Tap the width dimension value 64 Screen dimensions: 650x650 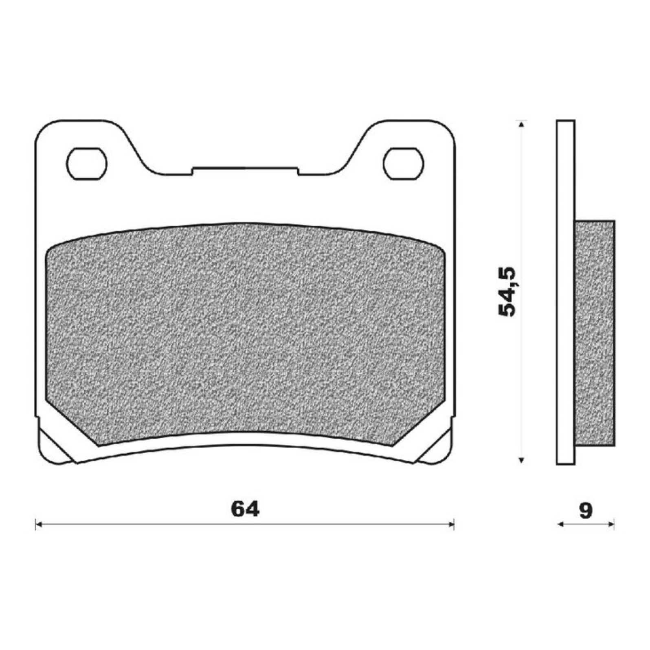pos(245,509)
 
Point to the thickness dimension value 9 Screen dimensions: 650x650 pos(585,510)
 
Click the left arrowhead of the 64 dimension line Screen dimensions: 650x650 pos(39,525)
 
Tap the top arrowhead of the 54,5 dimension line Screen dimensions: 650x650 pos(521,124)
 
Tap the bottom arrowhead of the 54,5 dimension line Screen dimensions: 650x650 pos(521,460)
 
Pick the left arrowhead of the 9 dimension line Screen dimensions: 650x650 pos(560,525)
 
